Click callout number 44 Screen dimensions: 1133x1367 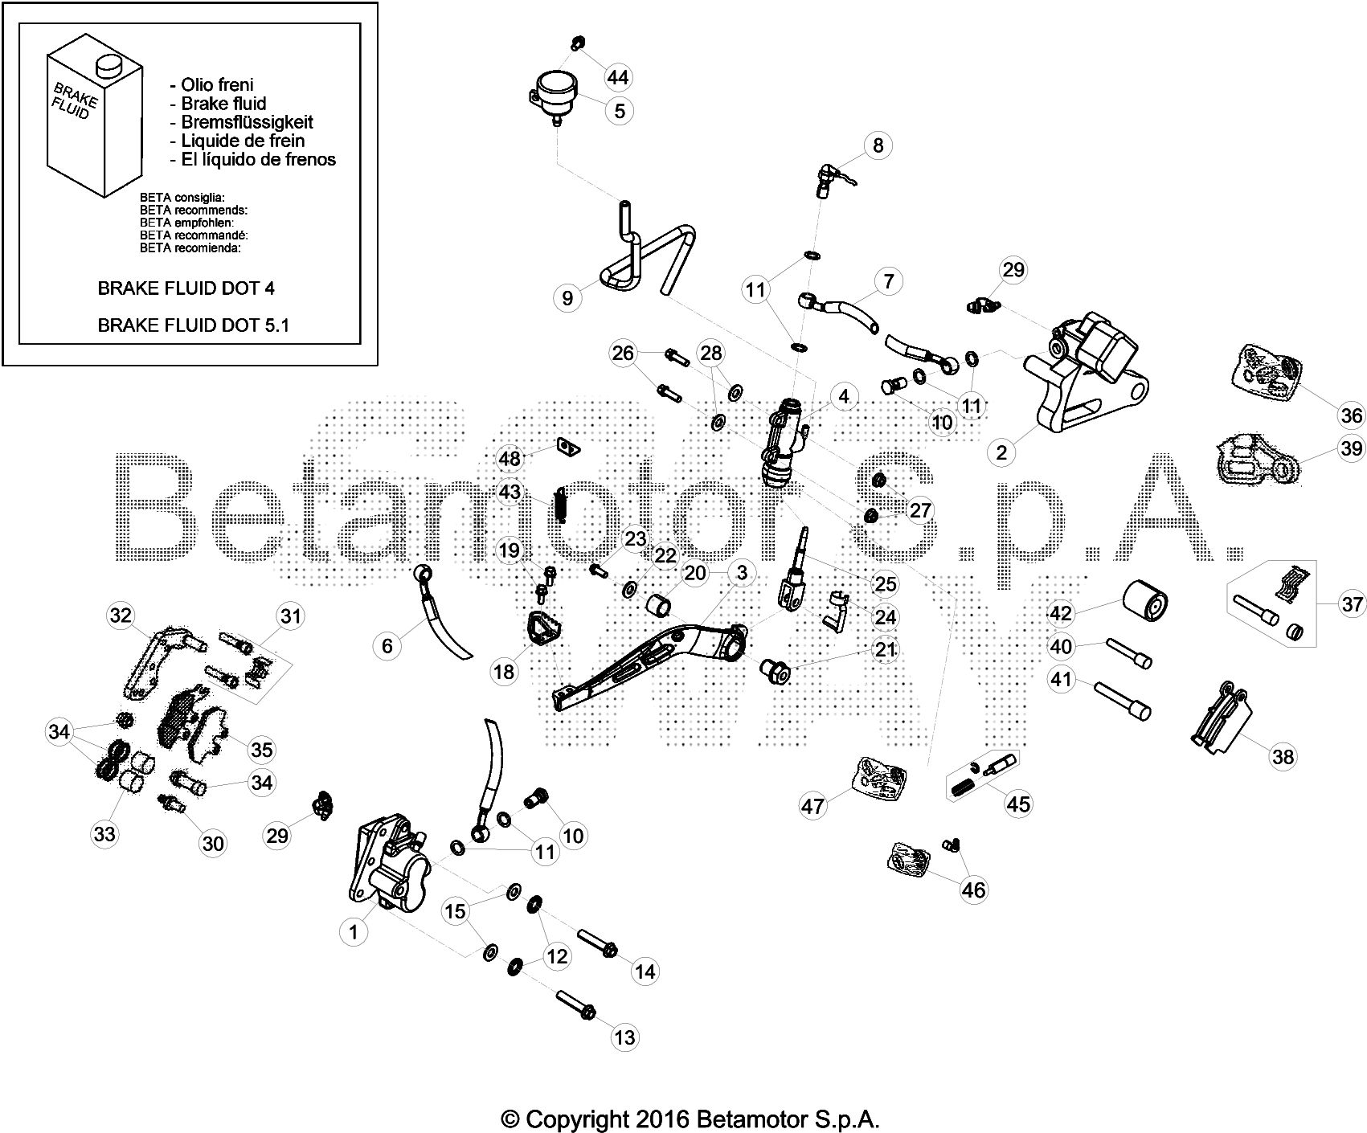point(618,78)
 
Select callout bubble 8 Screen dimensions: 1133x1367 point(878,145)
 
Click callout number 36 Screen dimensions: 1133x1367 point(1352,415)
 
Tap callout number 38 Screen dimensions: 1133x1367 point(1283,756)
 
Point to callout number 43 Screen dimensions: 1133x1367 point(510,491)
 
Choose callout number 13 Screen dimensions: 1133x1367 point(624,1037)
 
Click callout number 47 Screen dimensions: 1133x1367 point(813,804)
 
